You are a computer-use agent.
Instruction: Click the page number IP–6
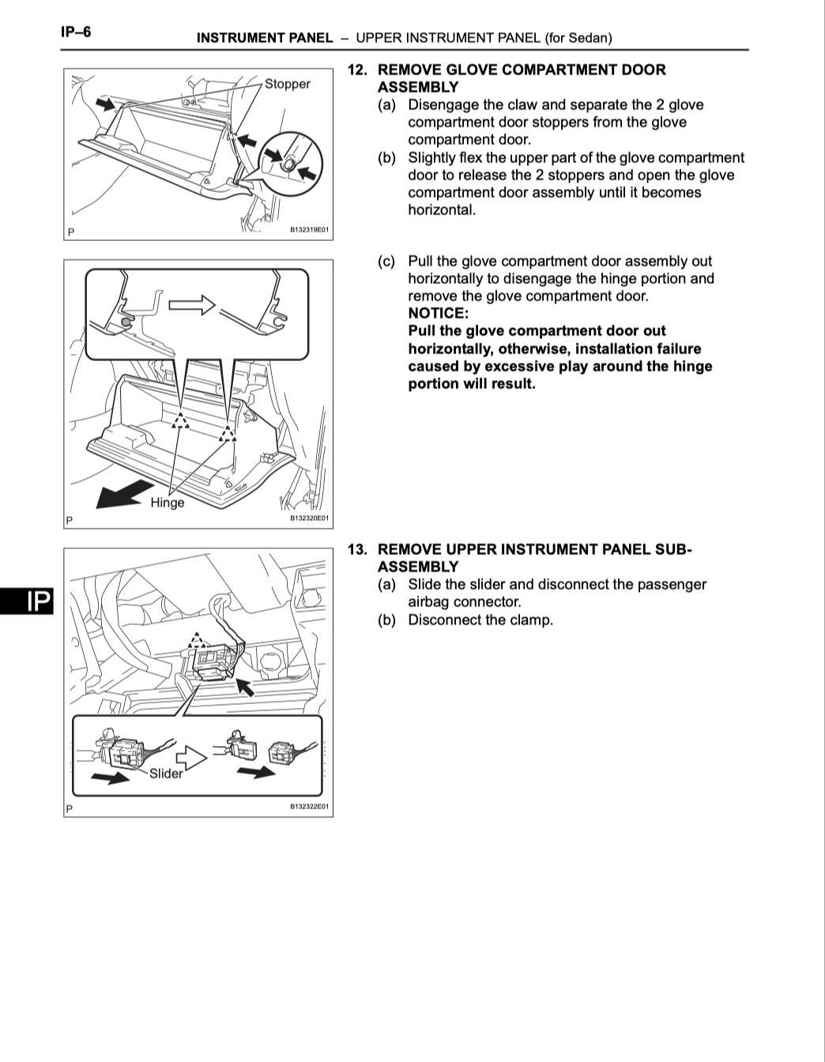76,32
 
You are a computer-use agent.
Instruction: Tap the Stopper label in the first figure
287,84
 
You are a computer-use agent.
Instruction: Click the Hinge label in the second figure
167,503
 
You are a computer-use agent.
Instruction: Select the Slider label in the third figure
166,774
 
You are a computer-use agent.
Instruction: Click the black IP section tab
26,602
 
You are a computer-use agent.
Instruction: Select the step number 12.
357,70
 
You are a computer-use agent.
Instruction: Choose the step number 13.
357,549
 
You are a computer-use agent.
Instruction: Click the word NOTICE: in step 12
438,313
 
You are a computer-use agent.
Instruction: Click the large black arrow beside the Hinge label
122,494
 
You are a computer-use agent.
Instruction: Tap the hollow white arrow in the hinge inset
192,305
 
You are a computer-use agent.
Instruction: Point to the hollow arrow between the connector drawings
190,759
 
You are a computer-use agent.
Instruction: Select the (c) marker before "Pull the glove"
386,262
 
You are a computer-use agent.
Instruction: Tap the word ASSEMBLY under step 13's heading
417,567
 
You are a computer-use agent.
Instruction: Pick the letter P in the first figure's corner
71,232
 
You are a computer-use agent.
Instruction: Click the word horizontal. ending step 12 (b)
442,210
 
